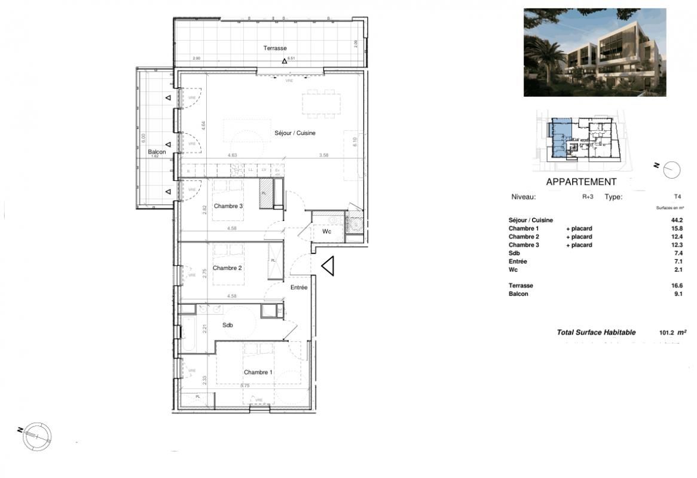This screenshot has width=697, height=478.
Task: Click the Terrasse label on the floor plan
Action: [x=276, y=48]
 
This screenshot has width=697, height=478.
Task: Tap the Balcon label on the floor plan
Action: [x=157, y=152]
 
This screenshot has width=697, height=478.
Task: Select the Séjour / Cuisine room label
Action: [x=295, y=133]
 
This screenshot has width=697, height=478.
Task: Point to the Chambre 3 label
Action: [x=228, y=207]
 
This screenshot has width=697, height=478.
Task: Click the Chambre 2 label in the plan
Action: [x=227, y=268]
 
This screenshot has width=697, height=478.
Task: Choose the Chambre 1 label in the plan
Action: [x=258, y=372]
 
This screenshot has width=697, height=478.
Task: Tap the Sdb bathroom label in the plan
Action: [x=228, y=326]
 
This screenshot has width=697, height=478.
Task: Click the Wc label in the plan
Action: [x=327, y=231]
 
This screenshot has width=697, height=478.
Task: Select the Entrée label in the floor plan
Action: [x=299, y=287]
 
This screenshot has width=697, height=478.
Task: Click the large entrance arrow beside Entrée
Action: [x=327, y=266]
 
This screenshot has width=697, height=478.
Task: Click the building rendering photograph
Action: [x=595, y=52]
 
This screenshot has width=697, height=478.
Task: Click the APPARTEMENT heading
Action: [x=581, y=182]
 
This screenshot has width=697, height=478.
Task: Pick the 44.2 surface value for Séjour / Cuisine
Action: [x=677, y=220]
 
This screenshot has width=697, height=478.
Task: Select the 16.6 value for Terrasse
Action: [x=677, y=286]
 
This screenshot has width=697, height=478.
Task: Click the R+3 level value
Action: [x=588, y=197]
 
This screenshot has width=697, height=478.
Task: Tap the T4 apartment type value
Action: [x=677, y=197]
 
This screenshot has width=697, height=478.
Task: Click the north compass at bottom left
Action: [x=37, y=436]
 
